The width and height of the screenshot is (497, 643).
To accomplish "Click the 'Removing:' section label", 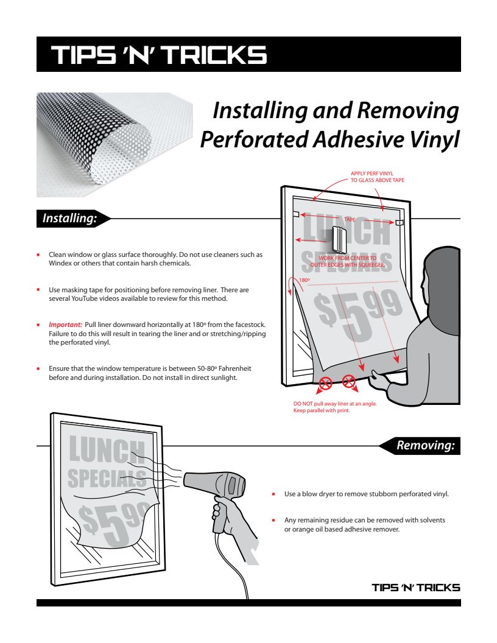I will point(425,446).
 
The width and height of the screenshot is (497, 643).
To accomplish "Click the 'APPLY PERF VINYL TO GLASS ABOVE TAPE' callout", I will point(377,177).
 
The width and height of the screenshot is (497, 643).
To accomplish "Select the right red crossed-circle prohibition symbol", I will point(349,382).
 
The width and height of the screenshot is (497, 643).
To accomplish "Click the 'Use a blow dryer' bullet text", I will point(366,494).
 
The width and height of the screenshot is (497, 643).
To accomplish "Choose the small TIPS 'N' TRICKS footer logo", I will point(416,588).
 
